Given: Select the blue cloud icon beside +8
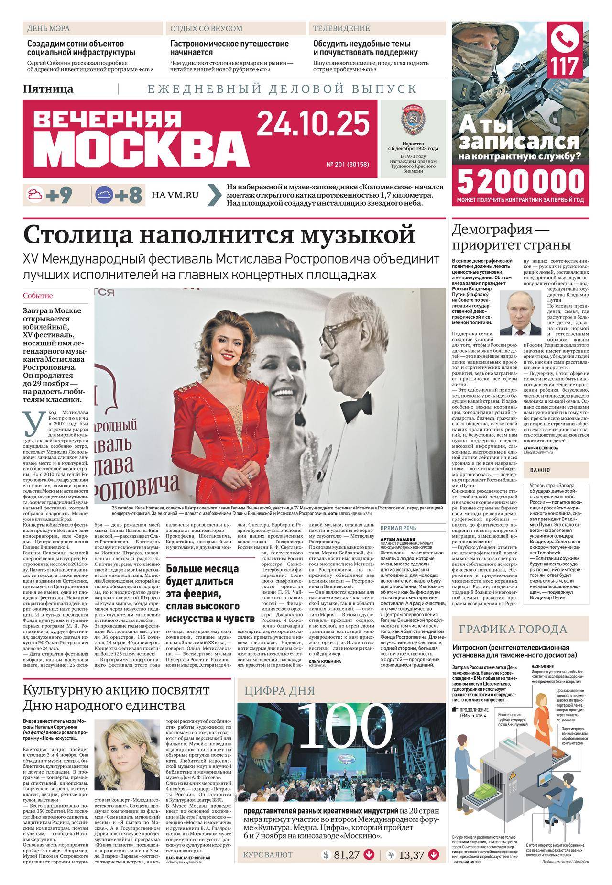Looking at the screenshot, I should click(x=104, y=195).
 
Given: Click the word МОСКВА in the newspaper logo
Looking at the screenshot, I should click(x=142, y=148).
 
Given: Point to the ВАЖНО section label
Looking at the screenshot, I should click(x=540, y=470).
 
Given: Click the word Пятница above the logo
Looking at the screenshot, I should click(x=48, y=89).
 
